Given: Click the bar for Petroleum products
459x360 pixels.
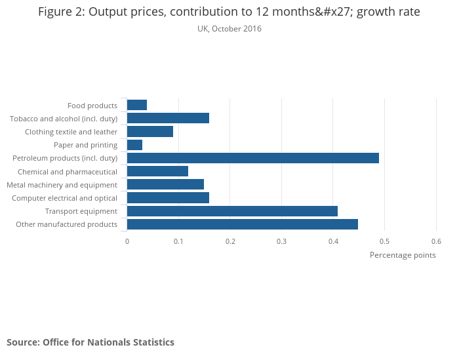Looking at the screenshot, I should point(252,158).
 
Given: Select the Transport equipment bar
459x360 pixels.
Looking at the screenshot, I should point(232,211).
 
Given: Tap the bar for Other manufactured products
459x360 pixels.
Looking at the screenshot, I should point(242,224).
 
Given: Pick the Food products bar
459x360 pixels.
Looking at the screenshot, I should point(136,105).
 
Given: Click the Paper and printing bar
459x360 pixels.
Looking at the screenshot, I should point(134,145).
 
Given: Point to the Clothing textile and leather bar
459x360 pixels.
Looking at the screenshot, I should point(150,132).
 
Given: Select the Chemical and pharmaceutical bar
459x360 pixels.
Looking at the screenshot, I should point(157,171).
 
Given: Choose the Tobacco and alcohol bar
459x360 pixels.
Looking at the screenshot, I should point(168,118).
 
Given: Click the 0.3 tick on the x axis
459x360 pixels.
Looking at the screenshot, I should point(282,241).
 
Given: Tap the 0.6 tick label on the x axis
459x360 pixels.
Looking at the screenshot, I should point(437,241).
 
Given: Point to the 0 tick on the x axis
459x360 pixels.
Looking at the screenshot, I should point(127,241).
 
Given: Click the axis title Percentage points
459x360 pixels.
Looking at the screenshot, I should point(403,255).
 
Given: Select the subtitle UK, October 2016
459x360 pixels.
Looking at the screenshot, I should point(229,29).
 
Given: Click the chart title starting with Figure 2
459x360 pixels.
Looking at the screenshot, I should point(229,12).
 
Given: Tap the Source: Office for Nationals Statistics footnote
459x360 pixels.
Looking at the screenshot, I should point(90,342).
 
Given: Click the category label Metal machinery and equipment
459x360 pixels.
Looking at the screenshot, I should point(62,185).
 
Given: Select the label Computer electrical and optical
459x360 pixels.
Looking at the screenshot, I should point(65,198).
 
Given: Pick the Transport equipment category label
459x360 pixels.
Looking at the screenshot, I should point(81,211).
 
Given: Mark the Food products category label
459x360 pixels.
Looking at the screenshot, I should point(92,106).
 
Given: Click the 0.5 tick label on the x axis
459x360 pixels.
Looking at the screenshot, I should point(385,241).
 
